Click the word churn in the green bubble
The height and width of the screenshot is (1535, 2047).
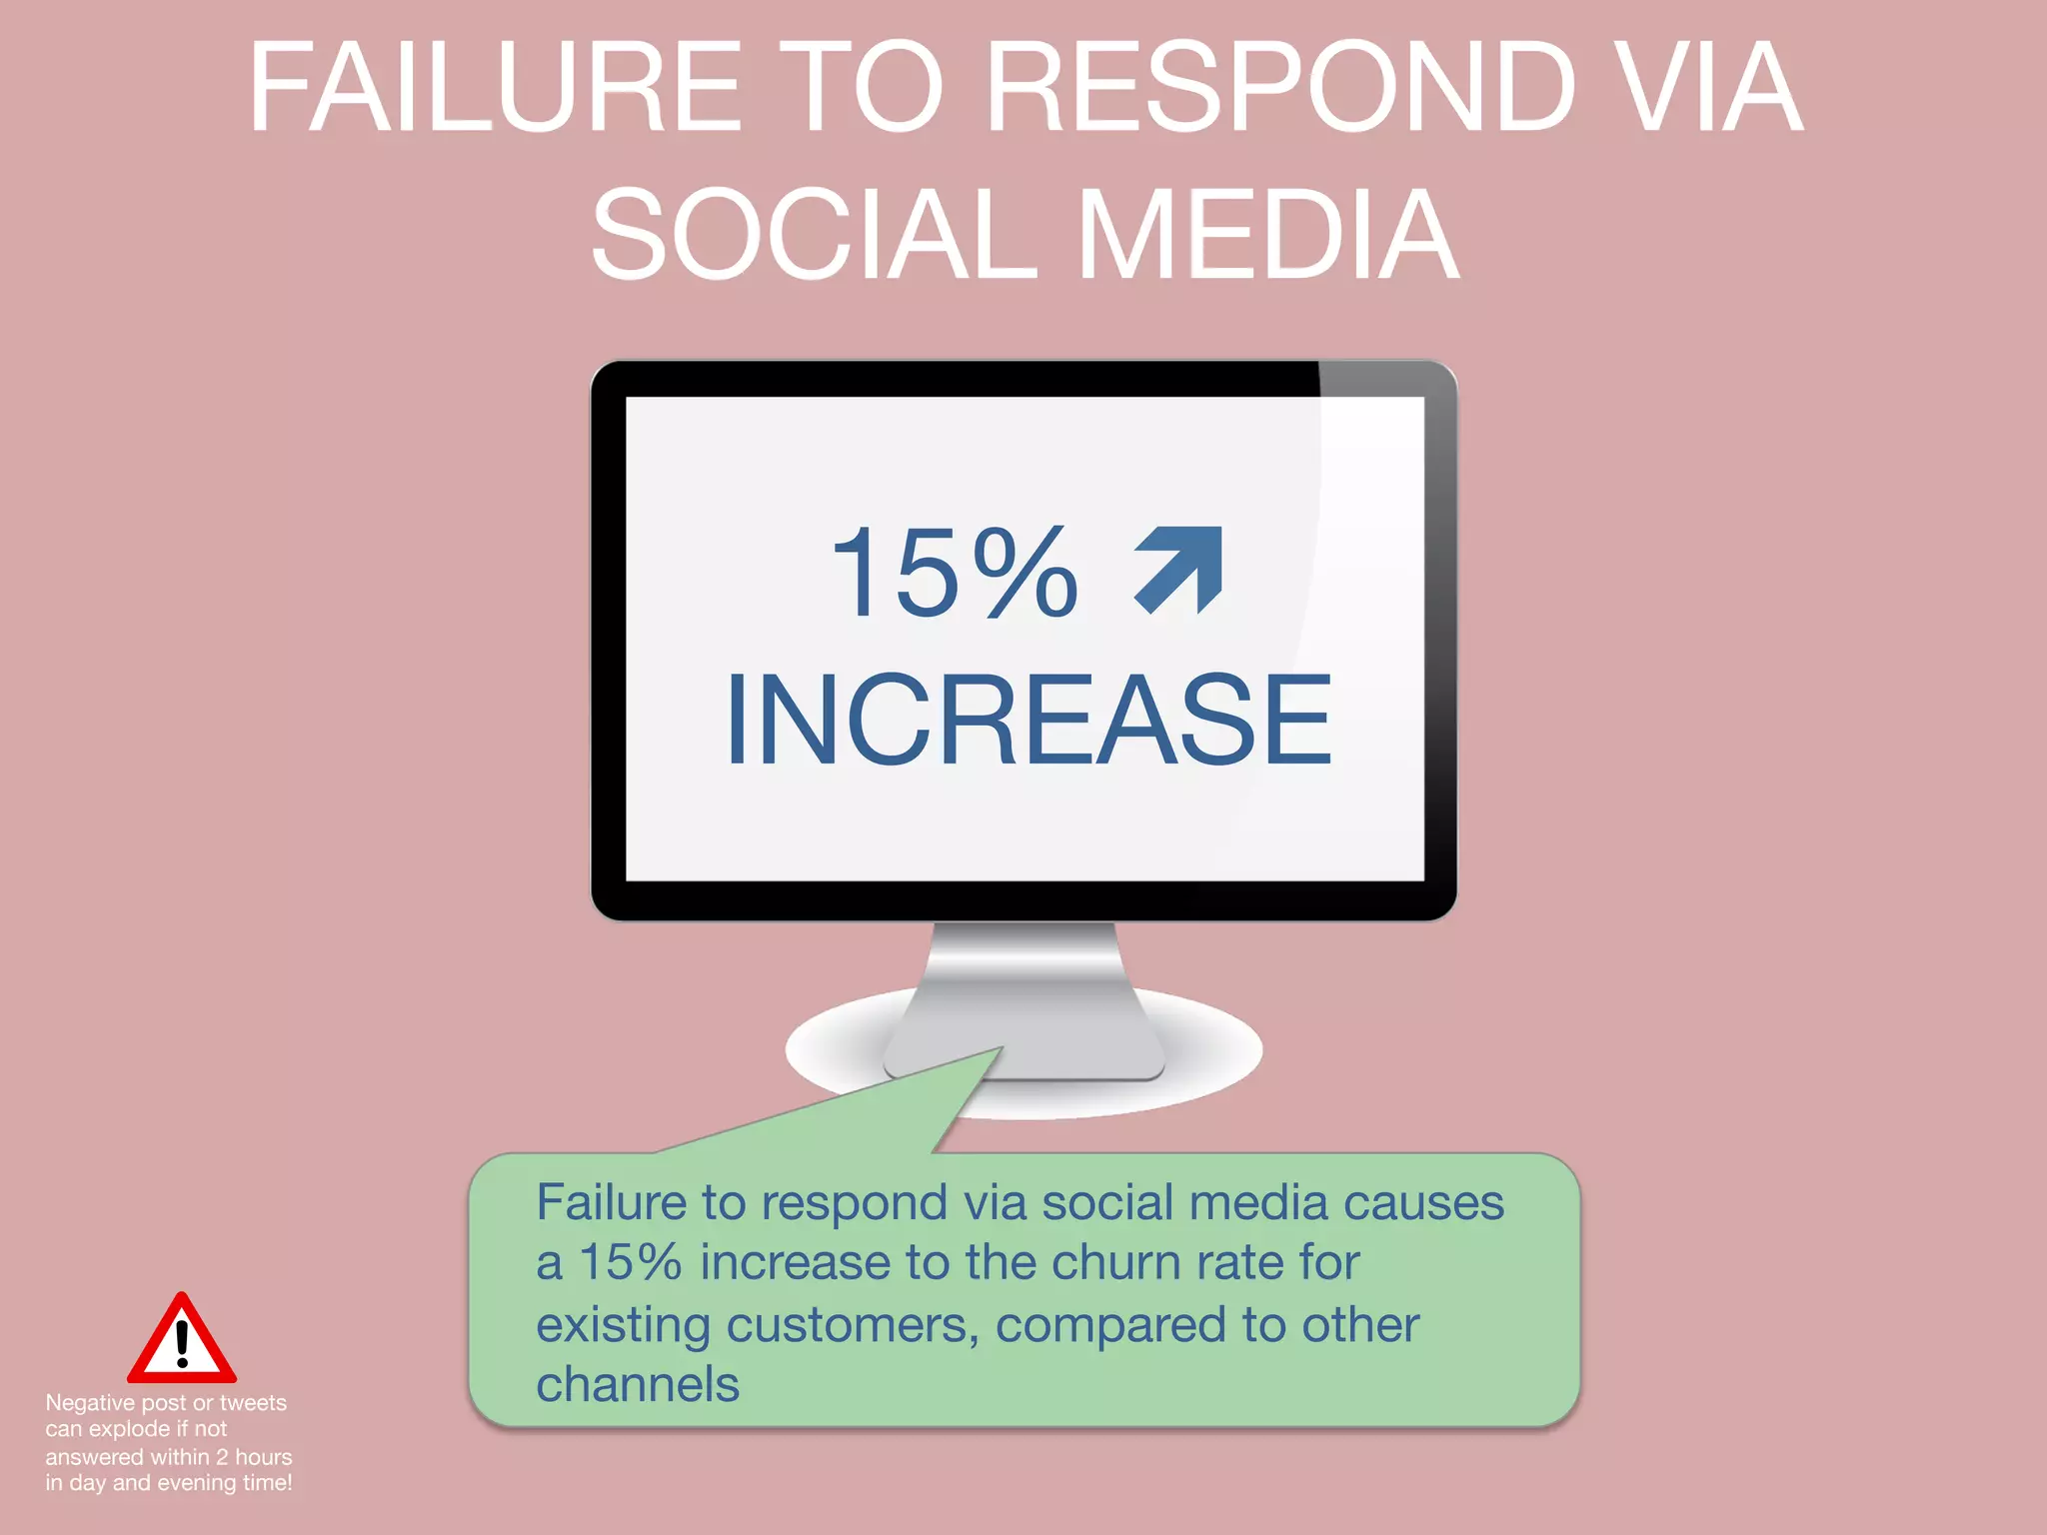coord(1114,1262)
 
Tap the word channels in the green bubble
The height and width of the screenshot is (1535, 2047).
coord(638,1385)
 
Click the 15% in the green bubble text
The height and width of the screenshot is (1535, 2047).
coord(631,1262)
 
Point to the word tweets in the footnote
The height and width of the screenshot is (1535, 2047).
coord(253,1403)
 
